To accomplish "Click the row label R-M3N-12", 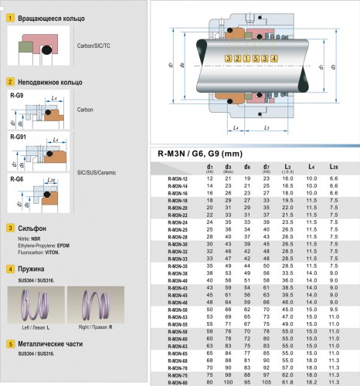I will pyautogui.click(x=177, y=178).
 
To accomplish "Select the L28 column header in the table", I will pyautogui.click(x=333, y=167).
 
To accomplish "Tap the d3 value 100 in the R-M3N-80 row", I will pyautogui.click(x=228, y=381).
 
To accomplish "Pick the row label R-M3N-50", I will pyautogui.click(x=177, y=308).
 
